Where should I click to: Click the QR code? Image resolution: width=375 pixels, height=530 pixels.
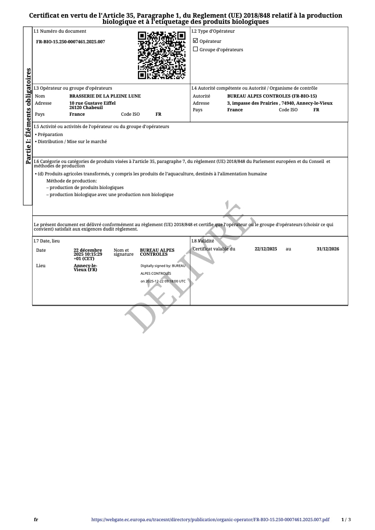click(161, 55)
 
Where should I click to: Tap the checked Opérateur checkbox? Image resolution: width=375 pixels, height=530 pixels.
click(195, 41)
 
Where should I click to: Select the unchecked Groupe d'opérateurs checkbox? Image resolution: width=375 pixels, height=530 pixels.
click(195, 49)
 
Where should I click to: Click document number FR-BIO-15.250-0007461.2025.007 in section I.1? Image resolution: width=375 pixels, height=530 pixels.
click(71, 42)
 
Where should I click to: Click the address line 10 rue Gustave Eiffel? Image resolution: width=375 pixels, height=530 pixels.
click(92, 103)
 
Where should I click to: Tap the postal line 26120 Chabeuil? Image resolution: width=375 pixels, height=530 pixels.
click(86, 107)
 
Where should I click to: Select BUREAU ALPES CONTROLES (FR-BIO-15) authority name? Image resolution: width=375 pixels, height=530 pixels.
click(272, 96)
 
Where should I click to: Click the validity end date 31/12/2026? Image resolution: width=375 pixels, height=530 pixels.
click(328, 249)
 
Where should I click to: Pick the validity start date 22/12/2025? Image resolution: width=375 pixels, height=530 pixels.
click(266, 249)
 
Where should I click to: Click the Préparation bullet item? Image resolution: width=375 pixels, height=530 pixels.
click(50, 135)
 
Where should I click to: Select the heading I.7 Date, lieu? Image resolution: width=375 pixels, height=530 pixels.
click(47, 241)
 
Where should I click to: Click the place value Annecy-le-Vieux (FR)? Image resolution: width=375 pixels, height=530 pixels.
click(85, 267)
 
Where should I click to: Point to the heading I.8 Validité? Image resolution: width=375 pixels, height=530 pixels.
click(203, 241)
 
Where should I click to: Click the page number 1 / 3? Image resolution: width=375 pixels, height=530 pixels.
click(346, 520)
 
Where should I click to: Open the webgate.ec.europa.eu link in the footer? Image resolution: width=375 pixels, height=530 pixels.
click(210, 520)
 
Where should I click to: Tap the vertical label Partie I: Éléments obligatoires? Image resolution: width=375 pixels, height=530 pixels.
click(28, 116)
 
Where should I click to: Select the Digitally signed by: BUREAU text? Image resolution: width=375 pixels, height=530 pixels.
click(163, 266)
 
